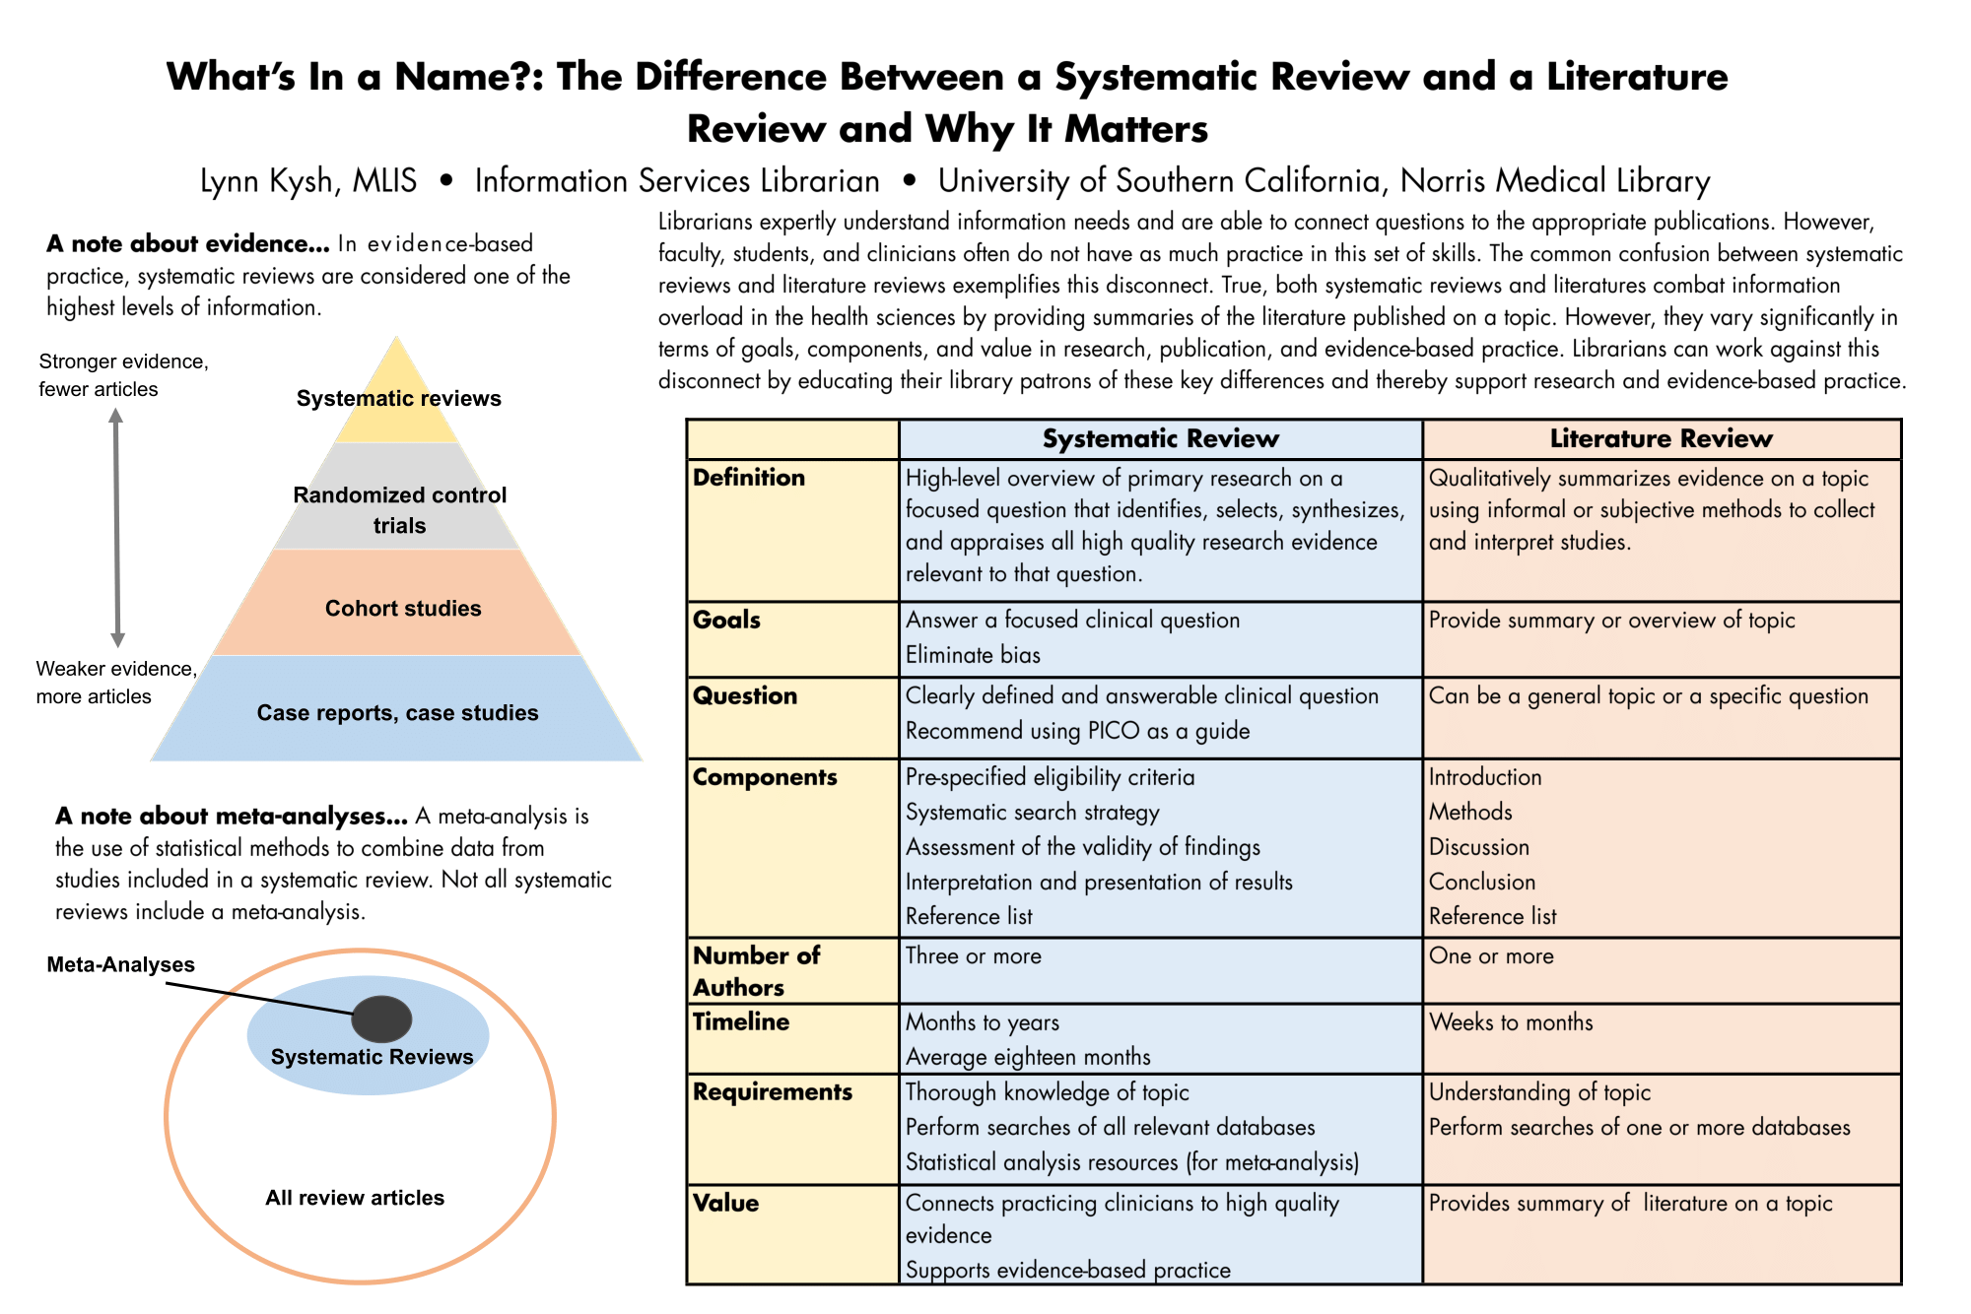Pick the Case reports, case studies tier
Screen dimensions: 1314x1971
click(x=397, y=712)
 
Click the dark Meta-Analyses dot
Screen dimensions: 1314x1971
click(x=382, y=1018)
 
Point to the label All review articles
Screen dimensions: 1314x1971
click(x=355, y=1198)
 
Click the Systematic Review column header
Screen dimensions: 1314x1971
click(x=1160, y=438)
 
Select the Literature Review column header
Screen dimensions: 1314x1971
click(x=1661, y=438)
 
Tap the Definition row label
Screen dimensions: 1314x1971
click(x=749, y=478)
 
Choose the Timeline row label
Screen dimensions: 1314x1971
click(x=741, y=1021)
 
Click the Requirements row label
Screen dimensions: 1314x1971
click(x=773, y=1091)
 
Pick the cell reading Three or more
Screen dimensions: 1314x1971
click(x=973, y=955)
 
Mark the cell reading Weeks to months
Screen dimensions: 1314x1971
click(x=1511, y=1021)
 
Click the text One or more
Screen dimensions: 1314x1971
click(x=1491, y=955)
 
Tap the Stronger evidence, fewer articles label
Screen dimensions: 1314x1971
click(x=123, y=375)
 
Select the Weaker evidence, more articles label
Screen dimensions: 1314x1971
click(x=116, y=683)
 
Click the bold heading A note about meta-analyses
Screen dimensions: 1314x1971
click(x=231, y=816)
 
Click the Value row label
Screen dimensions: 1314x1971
click(x=725, y=1203)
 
